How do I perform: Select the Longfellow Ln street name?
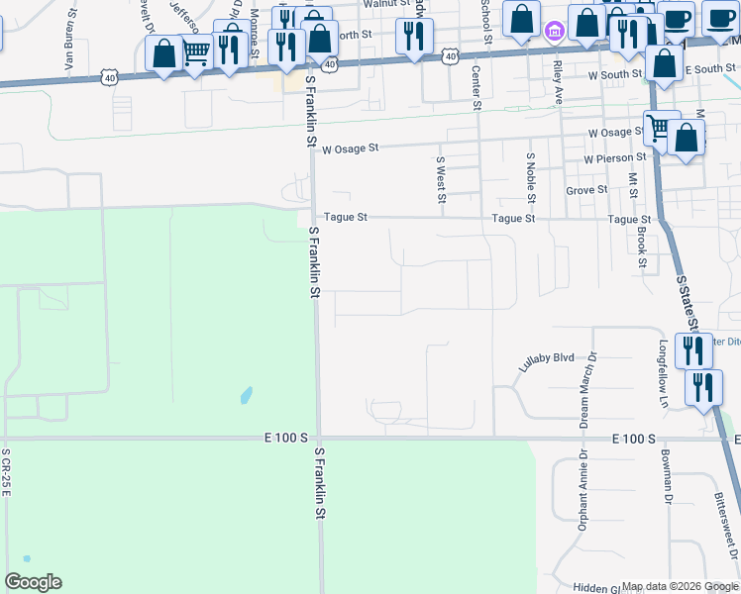[x=663, y=374]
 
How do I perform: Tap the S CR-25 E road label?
[x=6, y=472]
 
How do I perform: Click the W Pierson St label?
[x=614, y=158]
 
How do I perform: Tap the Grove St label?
[x=586, y=190]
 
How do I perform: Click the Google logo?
[x=33, y=582]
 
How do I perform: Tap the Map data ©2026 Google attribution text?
[x=680, y=586]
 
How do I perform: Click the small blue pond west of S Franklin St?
[x=245, y=396]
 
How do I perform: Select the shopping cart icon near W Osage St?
[x=657, y=126]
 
